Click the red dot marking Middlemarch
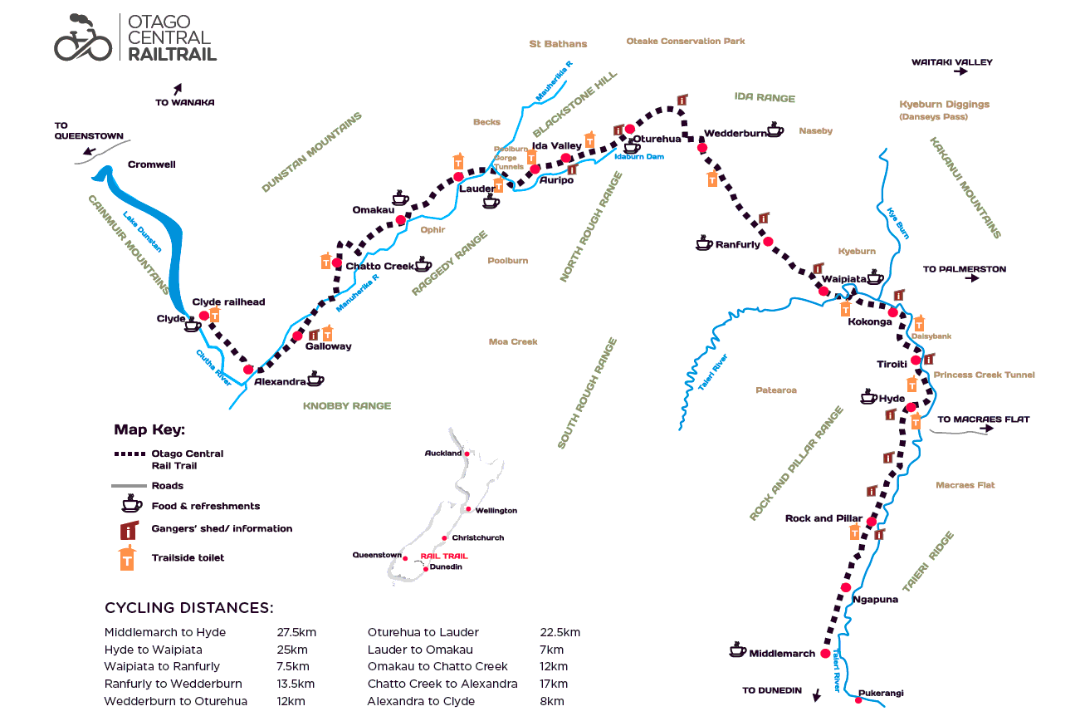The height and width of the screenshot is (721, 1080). (825, 654)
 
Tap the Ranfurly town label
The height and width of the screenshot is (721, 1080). (738, 245)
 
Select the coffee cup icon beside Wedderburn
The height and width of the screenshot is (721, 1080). (775, 130)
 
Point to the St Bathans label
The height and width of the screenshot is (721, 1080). (558, 44)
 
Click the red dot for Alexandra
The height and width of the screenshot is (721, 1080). (248, 370)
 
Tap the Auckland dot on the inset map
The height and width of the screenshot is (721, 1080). (467, 454)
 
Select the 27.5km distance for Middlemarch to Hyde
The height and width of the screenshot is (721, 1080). (296, 632)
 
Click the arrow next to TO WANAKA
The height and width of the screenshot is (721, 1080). (178, 89)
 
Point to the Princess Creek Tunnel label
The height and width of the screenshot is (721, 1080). (984, 375)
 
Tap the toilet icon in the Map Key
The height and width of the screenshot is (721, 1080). (127, 557)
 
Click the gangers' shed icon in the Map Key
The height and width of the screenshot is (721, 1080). (130, 530)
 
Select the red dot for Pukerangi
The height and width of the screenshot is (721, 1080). (858, 700)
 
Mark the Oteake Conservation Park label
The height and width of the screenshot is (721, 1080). (686, 42)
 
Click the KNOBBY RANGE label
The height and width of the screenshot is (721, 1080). (347, 406)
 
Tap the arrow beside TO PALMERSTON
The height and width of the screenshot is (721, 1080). (972, 278)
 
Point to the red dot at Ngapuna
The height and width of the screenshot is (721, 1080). (846, 587)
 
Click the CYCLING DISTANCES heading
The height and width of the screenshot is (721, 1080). (189, 607)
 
